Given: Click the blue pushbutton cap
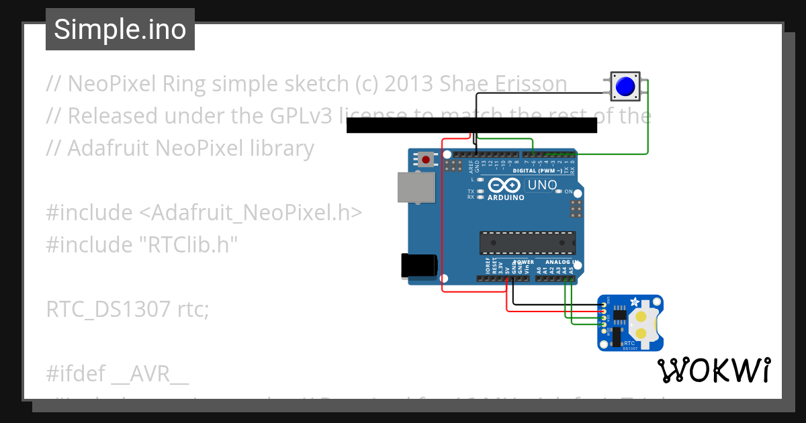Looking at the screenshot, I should point(625,87).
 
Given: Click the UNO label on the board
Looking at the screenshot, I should point(542,185).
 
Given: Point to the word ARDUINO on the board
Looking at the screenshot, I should point(506,197).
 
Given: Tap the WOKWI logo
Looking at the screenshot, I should point(713,370).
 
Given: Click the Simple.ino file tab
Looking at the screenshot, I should point(120,30).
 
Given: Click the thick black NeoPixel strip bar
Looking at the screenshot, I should point(472,125).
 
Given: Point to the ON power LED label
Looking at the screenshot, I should point(568,192).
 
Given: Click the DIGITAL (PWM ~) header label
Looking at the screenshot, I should point(535,171).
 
